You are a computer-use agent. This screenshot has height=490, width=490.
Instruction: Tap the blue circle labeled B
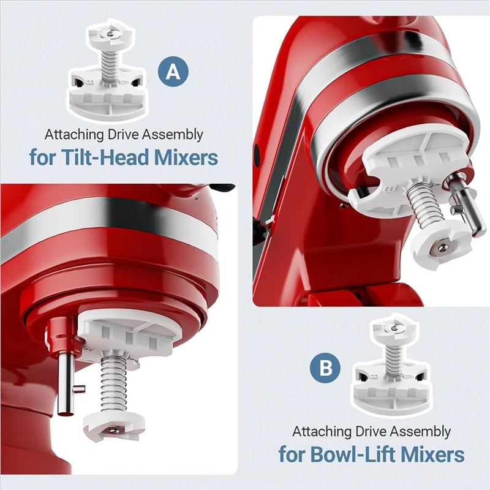coord(326,369)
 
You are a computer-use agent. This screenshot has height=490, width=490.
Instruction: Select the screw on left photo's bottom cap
coord(113,431)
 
